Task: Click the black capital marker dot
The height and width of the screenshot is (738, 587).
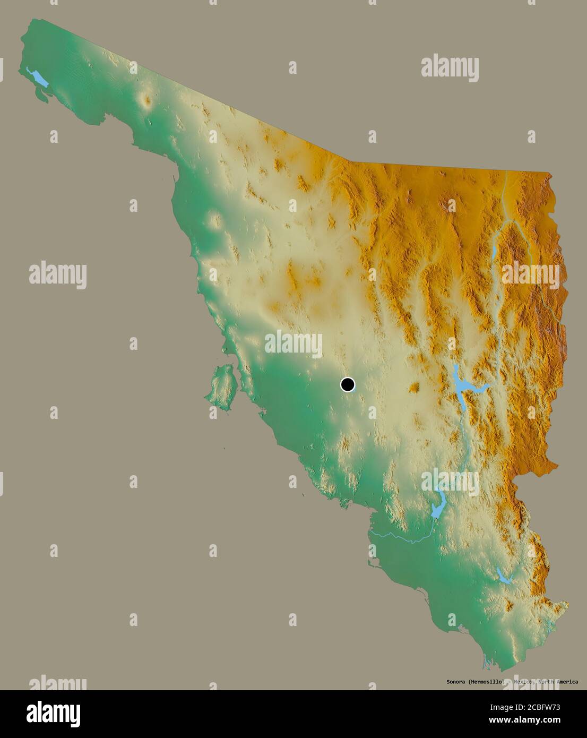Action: (x=347, y=384)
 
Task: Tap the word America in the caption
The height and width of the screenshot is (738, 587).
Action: (x=564, y=682)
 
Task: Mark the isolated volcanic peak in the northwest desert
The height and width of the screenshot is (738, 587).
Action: (x=146, y=99)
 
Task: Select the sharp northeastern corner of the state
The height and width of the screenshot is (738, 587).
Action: (x=549, y=173)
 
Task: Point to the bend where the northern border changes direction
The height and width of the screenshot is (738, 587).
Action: (x=350, y=161)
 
